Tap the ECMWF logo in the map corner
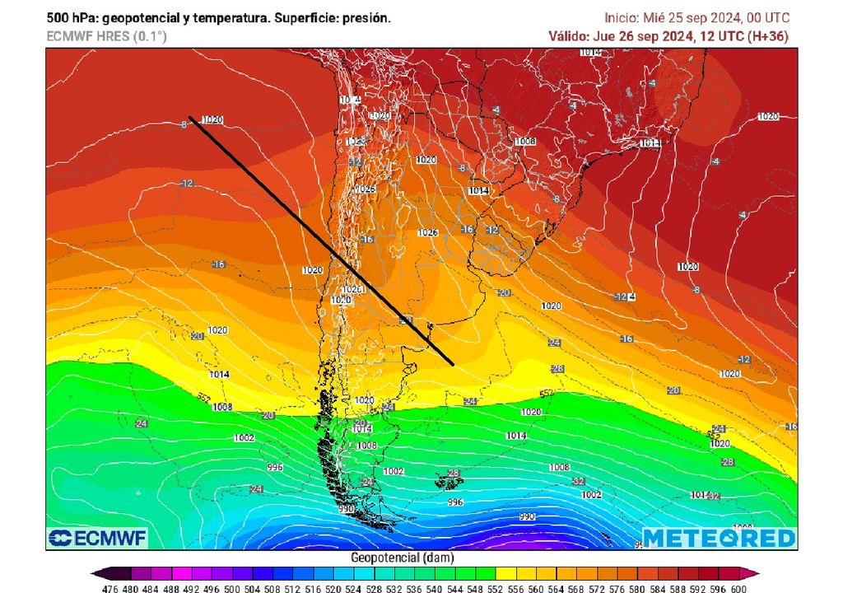97,538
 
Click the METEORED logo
719,538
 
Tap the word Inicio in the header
622,17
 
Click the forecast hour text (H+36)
771,35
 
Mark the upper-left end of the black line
190,117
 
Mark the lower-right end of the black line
453,363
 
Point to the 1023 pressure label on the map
355,142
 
